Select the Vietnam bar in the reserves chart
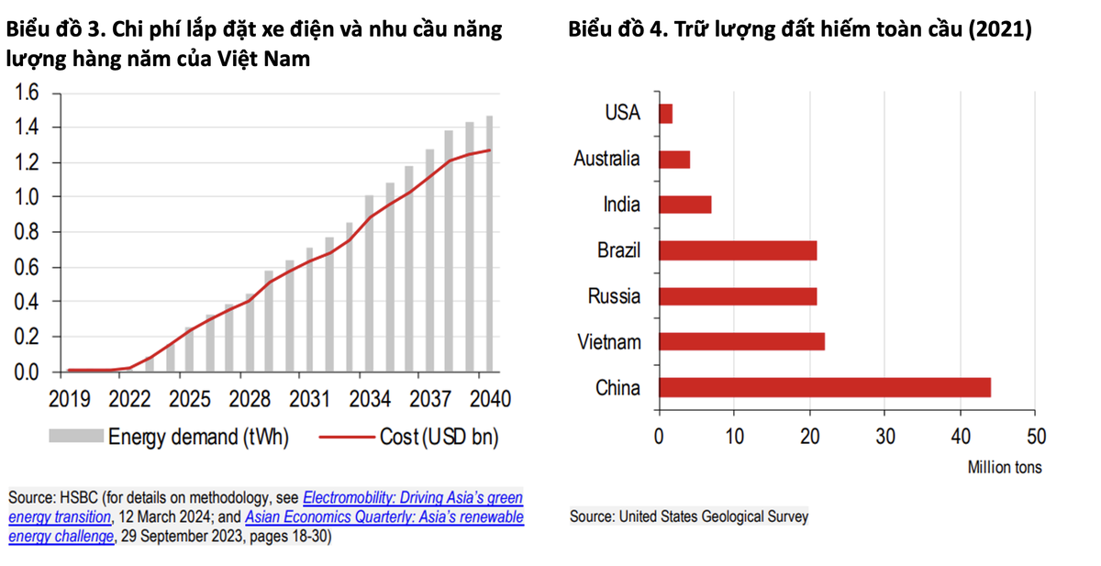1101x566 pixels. [741, 341]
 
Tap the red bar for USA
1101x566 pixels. [666, 114]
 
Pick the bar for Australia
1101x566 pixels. [674, 159]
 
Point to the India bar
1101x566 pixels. [685, 205]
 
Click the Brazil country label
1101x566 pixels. [618, 250]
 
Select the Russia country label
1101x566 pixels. [615, 296]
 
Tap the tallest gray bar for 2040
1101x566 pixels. [489, 244]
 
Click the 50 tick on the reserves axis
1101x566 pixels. [1035, 436]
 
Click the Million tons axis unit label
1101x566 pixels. [1005, 467]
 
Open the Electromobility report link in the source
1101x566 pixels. [413, 498]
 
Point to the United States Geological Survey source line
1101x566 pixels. [689, 516]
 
